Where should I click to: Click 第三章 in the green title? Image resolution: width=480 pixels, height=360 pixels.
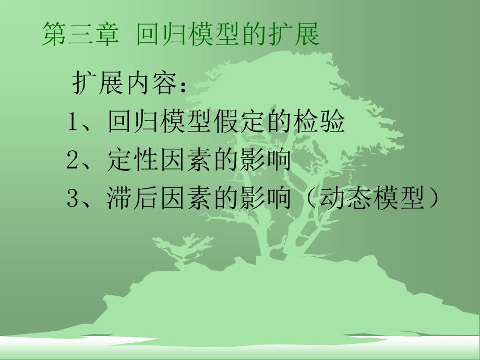80,35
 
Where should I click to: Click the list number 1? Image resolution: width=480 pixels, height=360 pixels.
73,122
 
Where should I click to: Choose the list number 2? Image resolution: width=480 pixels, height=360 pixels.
73,160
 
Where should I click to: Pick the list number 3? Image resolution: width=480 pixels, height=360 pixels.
73,198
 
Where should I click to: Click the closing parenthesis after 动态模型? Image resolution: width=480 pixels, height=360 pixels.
431,198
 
